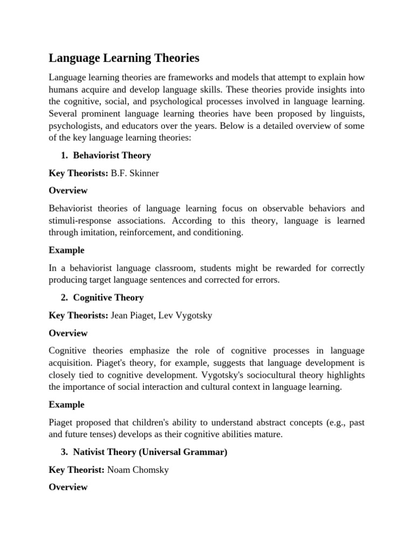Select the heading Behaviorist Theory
(112, 155)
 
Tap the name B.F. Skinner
(135, 173)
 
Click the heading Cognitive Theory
(108, 298)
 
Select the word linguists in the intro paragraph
(346, 114)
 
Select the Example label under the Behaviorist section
(66, 250)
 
